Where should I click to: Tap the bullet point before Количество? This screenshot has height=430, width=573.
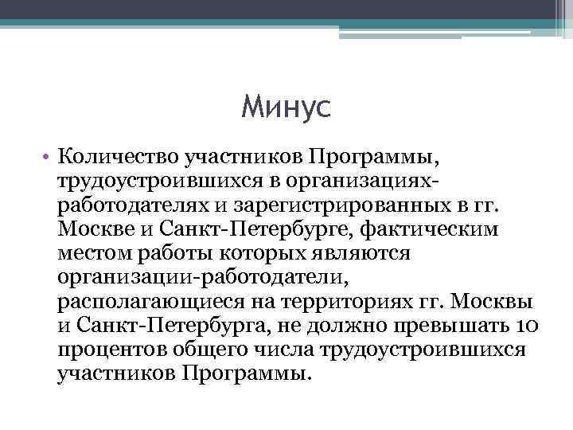49,150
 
